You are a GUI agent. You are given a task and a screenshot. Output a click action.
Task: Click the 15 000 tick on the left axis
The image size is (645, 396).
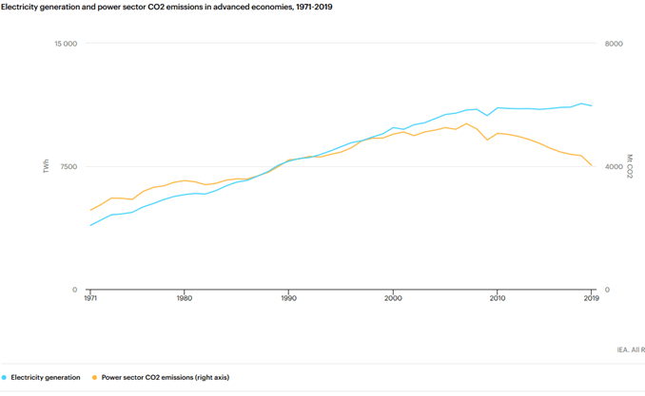click(66, 44)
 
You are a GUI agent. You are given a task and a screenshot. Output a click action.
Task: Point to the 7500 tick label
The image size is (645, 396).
click(68, 167)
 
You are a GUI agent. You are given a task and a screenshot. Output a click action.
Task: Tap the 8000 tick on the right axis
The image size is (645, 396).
click(614, 44)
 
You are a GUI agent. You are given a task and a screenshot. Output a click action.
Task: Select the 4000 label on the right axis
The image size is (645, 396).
click(614, 167)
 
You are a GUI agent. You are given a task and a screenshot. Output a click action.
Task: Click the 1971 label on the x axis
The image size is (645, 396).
click(90, 298)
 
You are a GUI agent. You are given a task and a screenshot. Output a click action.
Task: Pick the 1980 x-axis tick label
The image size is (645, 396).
click(185, 298)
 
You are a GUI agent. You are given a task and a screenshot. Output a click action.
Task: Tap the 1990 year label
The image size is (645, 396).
click(289, 298)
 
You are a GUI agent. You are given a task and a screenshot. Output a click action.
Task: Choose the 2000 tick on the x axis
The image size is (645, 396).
click(393, 298)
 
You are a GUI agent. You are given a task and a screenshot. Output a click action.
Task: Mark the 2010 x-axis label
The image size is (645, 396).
click(498, 298)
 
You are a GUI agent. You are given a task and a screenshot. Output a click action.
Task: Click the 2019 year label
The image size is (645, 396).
click(592, 298)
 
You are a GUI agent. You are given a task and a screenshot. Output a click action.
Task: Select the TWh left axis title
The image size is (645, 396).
click(46, 166)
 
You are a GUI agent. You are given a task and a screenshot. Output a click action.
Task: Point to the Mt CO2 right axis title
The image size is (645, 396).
click(630, 166)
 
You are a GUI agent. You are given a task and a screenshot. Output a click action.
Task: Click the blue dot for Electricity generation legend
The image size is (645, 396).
click(4, 378)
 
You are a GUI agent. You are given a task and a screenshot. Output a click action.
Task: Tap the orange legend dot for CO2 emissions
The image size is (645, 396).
click(94, 378)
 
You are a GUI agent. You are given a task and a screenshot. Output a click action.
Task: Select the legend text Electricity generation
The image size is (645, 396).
click(46, 378)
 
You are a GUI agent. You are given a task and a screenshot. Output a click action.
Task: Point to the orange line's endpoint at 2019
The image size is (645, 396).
click(592, 165)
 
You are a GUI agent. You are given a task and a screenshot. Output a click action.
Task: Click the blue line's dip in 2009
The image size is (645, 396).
click(487, 116)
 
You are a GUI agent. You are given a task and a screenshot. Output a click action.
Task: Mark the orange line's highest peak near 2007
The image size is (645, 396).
click(466, 123)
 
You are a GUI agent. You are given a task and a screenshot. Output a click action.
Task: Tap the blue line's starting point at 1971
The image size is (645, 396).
click(90, 225)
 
